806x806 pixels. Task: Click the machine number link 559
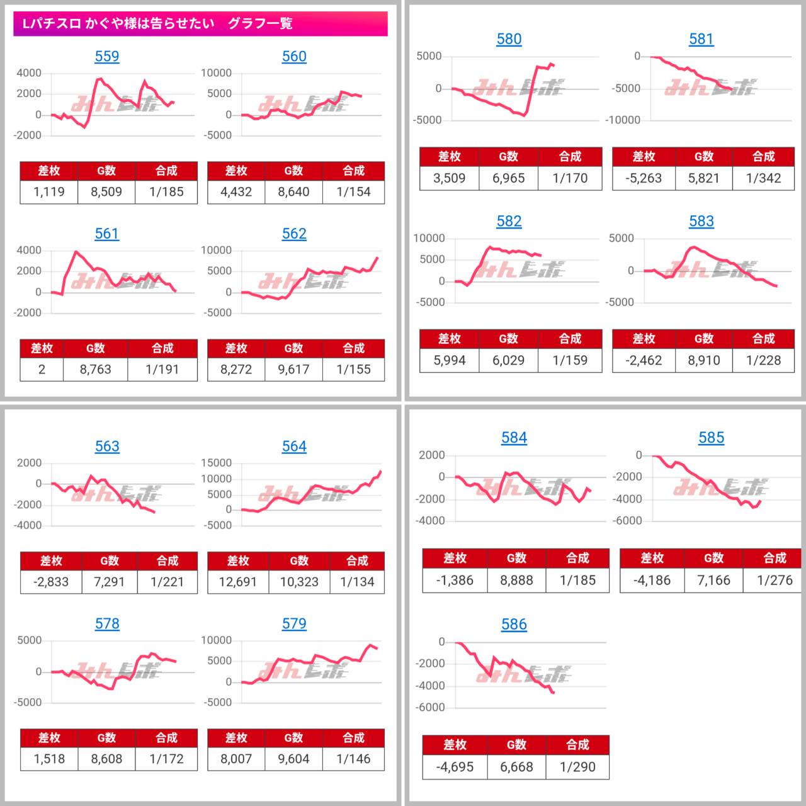pyautogui.click(x=106, y=57)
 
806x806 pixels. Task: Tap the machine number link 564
pyautogui.click(x=294, y=446)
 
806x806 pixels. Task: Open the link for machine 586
pyautogui.click(x=514, y=625)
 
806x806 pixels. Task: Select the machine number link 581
pyautogui.click(x=701, y=39)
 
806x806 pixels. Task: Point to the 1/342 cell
pyautogui.click(x=763, y=178)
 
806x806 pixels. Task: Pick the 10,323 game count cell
pyautogui.click(x=299, y=582)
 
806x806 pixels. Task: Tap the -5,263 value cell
pyautogui.click(x=644, y=178)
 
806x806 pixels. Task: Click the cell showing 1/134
pyautogui.click(x=357, y=582)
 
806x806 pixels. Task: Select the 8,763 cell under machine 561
pyautogui.click(x=95, y=370)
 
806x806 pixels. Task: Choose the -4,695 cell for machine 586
pyautogui.click(x=455, y=767)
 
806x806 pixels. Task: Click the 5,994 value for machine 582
pyautogui.click(x=449, y=360)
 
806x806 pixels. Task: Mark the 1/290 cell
pyautogui.click(x=577, y=767)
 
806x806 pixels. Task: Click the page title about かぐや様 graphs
pyautogui.click(x=157, y=24)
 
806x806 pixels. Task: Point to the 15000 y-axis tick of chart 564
pyautogui.click(x=217, y=463)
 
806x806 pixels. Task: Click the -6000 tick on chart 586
pyautogui.click(x=431, y=707)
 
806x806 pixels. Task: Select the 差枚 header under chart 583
pyautogui.click(x=644, y=339)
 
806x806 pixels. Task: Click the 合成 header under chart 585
pyautogui.click(x=775, y=558)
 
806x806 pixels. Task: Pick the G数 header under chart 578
pyautogui.click(x=106, y=738)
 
